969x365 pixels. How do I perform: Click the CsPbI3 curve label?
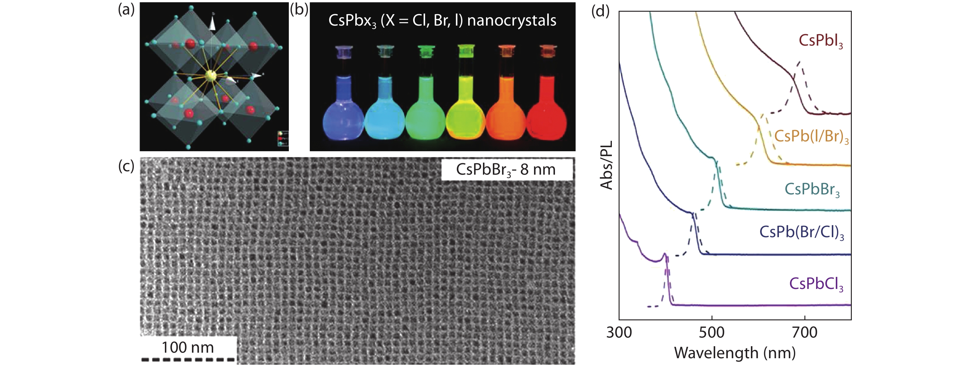[x=820, y=41]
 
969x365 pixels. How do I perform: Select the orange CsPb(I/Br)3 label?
[x=811, y=136]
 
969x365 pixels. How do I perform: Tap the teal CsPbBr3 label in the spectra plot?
[x=812, y=189]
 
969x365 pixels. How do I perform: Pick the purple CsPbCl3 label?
[x=816, y=284]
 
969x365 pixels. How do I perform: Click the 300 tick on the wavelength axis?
[x=619, y=333]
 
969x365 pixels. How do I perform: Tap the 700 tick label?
[x=805, y=333]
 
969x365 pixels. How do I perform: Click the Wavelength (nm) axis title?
[x=735, y=353]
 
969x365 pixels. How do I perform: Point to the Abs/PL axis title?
[x=606, y=165]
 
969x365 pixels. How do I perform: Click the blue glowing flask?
[x=343, y=113]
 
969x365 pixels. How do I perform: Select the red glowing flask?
[x=546, y=113]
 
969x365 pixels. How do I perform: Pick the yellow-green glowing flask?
[x=466, y=113]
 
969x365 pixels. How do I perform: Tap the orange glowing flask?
[x=506, y=113]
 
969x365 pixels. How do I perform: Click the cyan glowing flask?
[x=385, y=113]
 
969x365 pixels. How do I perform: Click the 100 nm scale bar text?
[x=188, y=347]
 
